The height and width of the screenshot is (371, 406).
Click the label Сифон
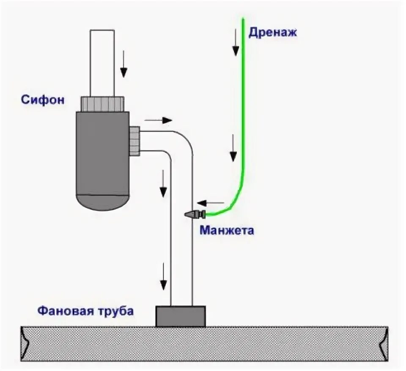43,100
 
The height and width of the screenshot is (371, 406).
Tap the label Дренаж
273,33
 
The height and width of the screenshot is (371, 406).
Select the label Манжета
227,231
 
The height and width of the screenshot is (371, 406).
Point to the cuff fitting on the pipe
195,214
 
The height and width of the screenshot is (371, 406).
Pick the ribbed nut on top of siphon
102,104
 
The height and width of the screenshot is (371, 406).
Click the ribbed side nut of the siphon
134,141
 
